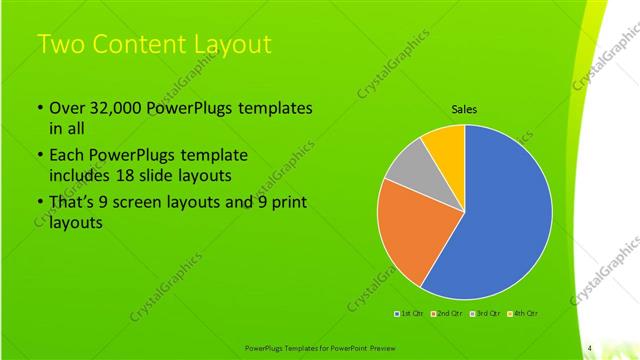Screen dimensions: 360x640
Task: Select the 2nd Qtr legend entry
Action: click(448, 314)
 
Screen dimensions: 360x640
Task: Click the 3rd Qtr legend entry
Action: click(486, 314)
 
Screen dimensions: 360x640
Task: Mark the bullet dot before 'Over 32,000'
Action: click(39, 108)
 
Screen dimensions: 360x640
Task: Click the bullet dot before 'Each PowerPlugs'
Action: click(39, 156)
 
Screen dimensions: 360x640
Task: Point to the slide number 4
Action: click(590, 348)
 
